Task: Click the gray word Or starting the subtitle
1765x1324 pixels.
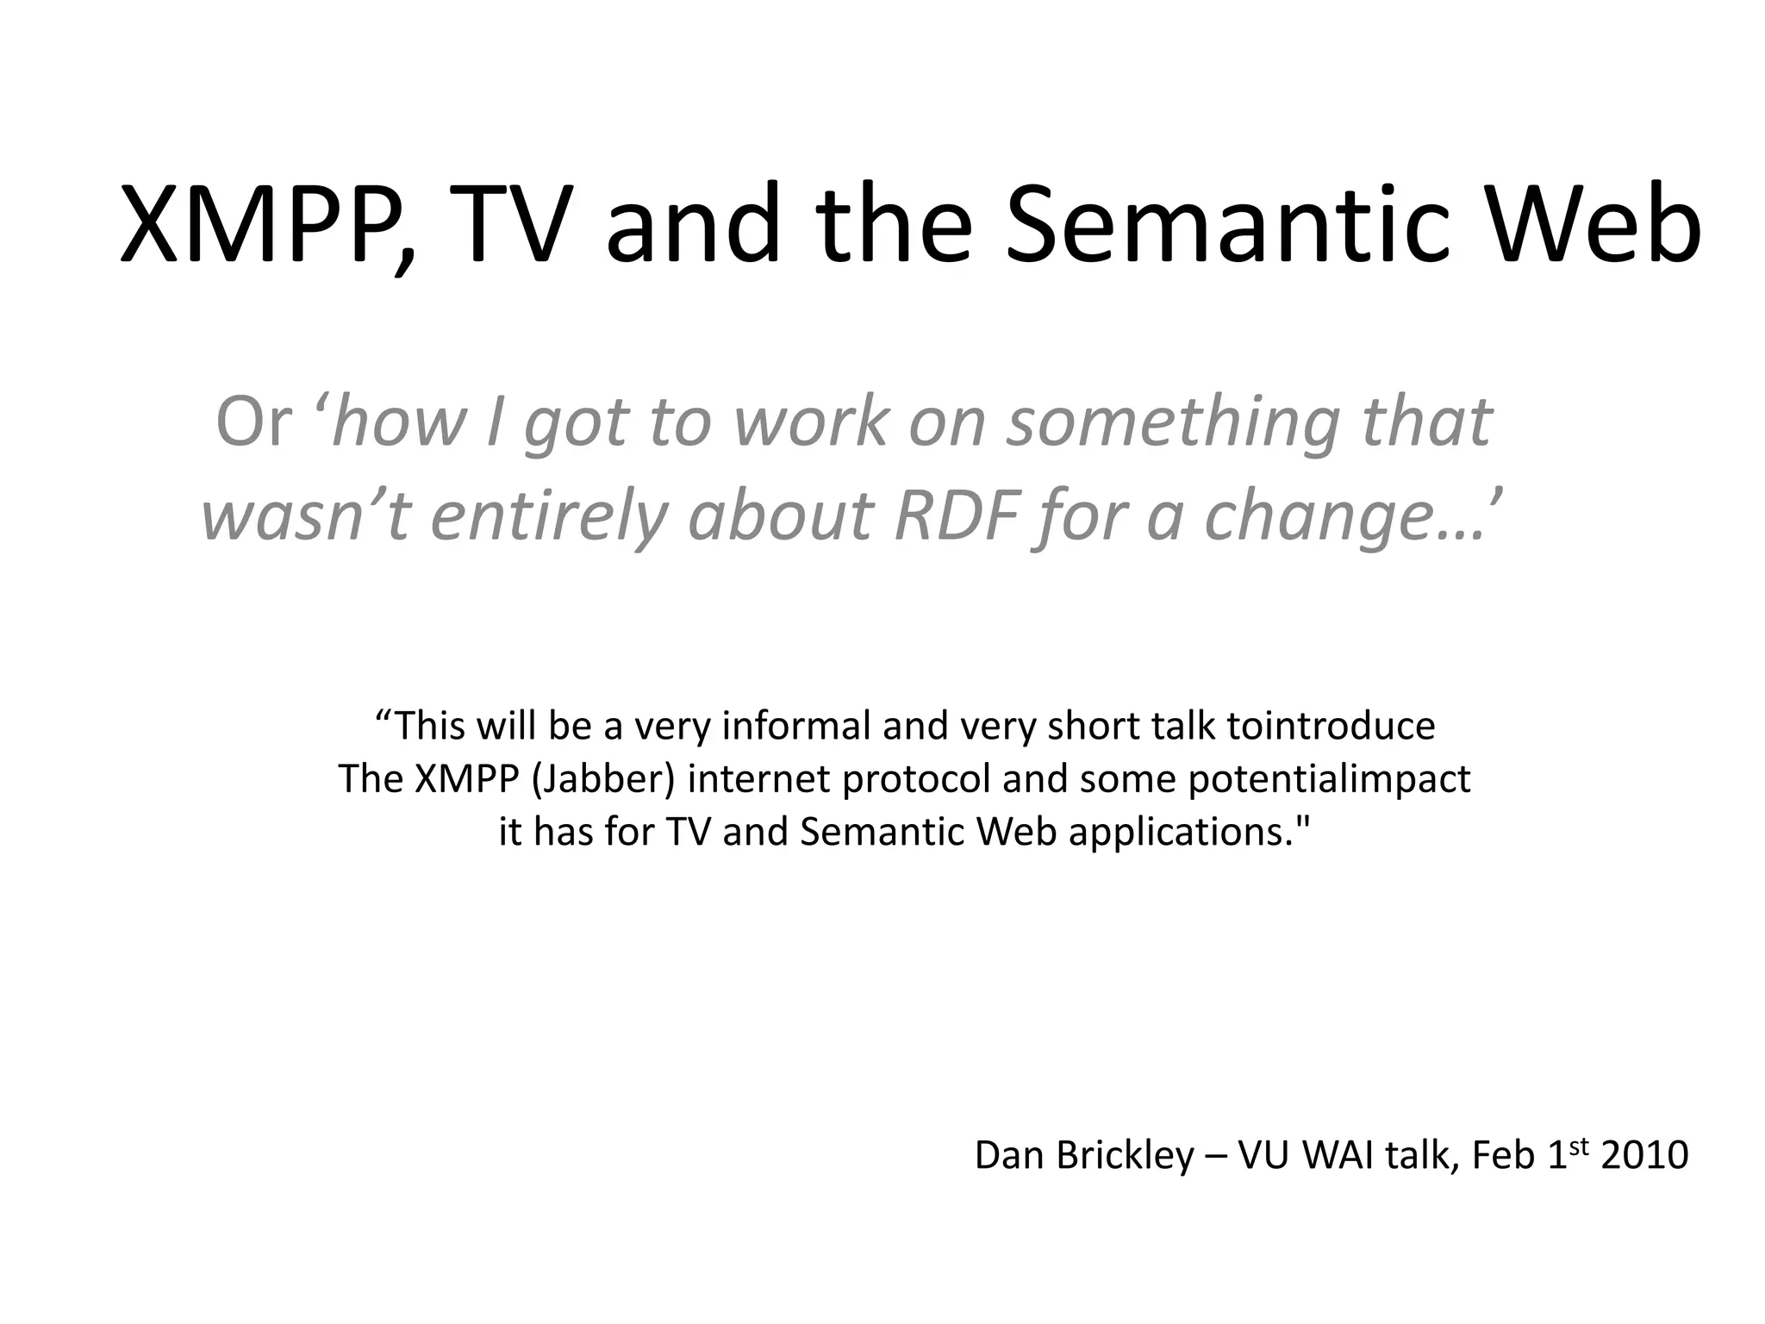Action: pos(253,422)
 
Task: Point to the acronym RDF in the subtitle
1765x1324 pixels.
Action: pos(957,515)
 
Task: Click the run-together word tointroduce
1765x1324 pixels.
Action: pos(1331,726)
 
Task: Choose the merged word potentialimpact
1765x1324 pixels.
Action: pos(1329,779)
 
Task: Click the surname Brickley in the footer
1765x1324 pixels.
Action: pos(1126,1155)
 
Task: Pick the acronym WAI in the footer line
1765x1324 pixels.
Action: pos(1339,1155)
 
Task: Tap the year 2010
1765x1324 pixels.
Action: pos(1644,1155)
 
